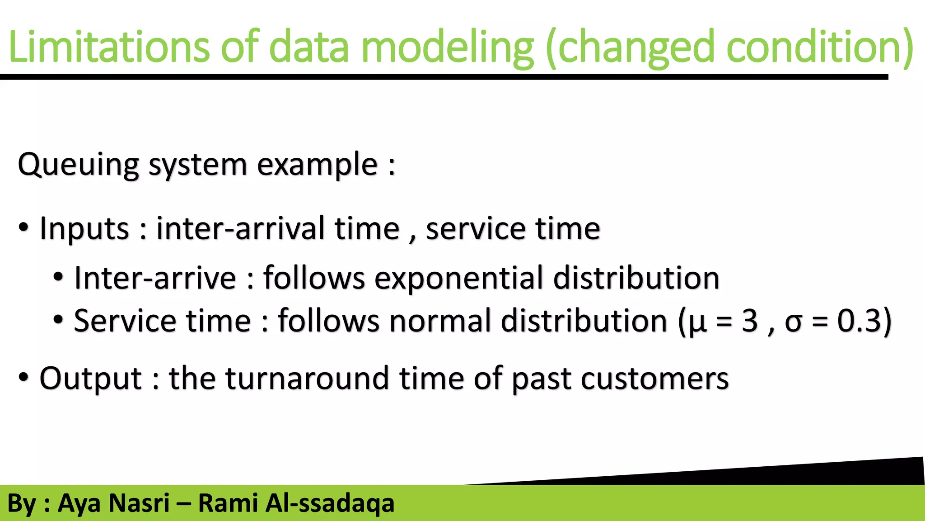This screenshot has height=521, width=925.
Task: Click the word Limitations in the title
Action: point(108,47)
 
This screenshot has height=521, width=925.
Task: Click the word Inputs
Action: point(84,228)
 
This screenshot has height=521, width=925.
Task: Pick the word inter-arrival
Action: point(240,228)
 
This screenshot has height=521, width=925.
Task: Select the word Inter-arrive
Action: point(155,278)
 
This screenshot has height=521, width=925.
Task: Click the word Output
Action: point(90,379)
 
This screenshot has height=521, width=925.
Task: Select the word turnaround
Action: point(307,379)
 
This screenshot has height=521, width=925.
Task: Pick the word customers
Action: point(654,379)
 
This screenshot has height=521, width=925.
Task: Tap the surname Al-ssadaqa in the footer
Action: point(329,503)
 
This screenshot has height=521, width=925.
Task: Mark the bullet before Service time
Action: point(58,320)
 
